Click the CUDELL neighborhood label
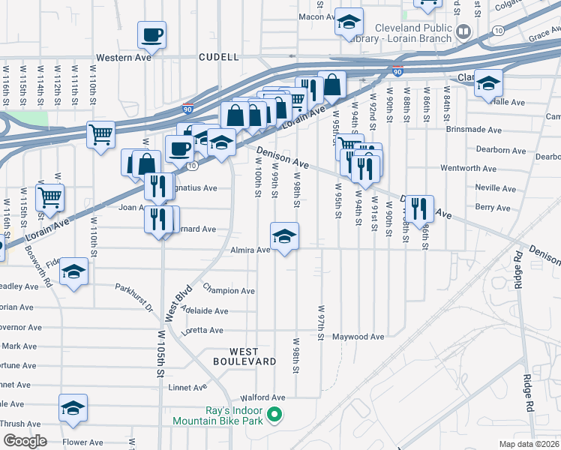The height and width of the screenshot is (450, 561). click(219, 57)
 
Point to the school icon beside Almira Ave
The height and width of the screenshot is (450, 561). click(284, 237)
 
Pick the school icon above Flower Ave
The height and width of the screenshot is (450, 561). click(73, 407)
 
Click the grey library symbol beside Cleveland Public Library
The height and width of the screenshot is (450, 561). click(463, 31)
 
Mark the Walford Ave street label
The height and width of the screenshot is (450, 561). click(262, 397)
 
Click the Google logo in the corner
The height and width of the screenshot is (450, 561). click(25, 441)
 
